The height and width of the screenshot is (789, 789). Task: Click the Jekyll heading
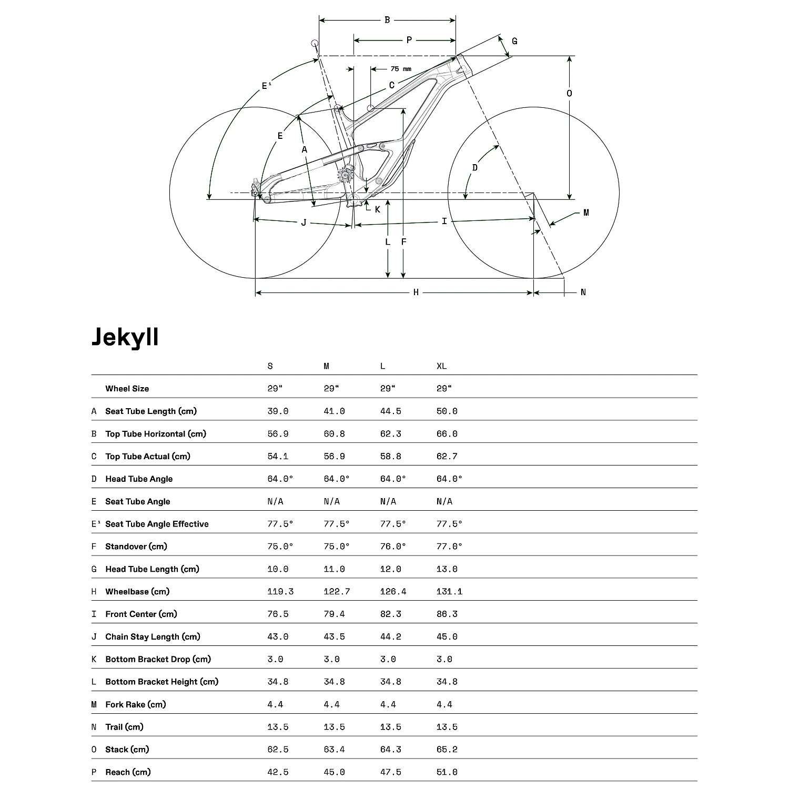125,337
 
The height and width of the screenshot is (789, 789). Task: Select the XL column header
441,366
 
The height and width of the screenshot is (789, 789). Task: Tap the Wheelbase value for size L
393,592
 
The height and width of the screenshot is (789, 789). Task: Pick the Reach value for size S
278,772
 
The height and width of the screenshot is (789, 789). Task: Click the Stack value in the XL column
447,750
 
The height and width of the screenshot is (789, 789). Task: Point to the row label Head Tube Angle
138,479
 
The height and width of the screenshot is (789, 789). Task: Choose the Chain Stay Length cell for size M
334,637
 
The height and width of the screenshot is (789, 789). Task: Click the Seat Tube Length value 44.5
390,411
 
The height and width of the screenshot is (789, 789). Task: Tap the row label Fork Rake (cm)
135,704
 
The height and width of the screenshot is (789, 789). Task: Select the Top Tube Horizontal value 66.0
447,434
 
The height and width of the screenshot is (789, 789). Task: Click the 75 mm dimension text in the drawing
401,69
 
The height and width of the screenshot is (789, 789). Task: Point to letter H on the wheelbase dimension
416,292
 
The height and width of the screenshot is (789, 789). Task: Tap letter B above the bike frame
387,20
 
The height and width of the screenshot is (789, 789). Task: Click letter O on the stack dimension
569,94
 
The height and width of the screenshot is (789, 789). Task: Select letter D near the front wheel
475,168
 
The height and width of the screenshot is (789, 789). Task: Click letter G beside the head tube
514,41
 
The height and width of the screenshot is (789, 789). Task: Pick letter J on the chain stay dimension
304,223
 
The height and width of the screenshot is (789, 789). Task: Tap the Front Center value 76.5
278,614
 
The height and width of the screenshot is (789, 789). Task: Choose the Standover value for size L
393,547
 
